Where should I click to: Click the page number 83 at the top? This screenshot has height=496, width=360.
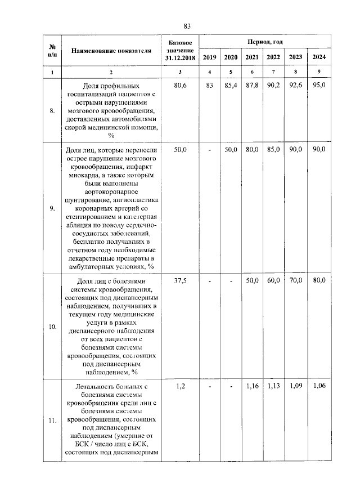[187, 25]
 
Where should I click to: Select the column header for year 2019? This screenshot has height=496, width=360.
[209, 57]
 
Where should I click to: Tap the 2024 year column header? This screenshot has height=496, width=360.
[318, 57]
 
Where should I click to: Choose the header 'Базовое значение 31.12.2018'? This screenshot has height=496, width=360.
[179, 50]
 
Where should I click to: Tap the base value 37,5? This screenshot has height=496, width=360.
[179, 280]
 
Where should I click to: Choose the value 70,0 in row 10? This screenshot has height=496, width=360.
[296, 280]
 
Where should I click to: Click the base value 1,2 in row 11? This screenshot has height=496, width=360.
[179, 386]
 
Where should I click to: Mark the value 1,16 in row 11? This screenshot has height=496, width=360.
[251, 386]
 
